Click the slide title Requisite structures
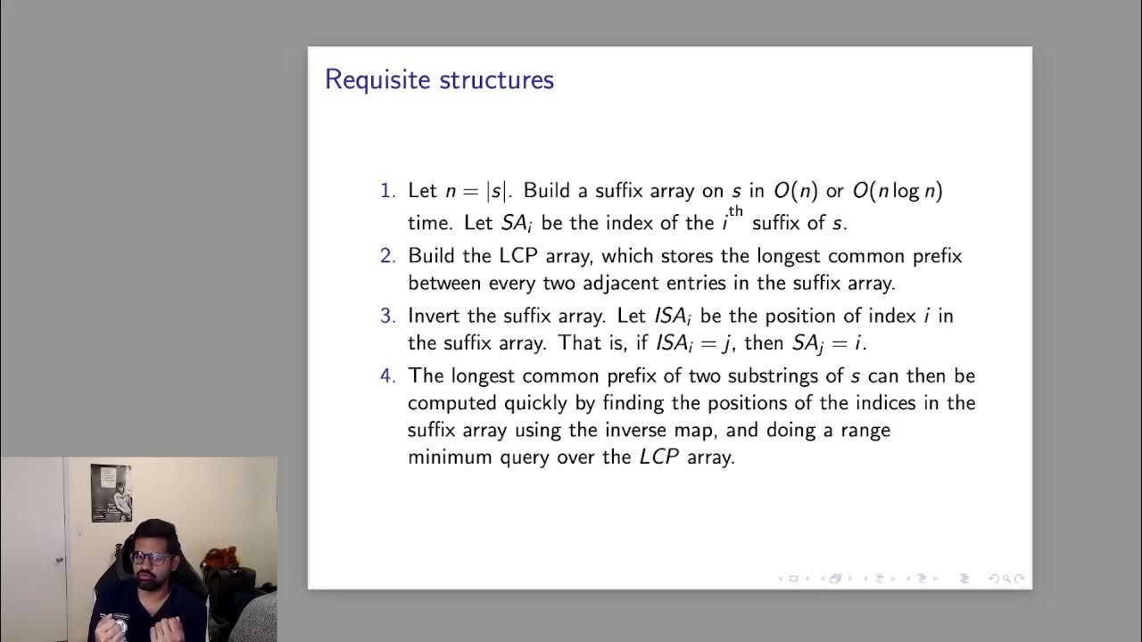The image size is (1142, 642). pyautogui.click(x=439, y=79)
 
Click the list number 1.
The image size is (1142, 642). pyautogui.click(x=386, y=191)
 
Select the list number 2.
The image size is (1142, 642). pyautogui.click(x=386, y=256)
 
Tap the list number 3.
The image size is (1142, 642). pyautogui.click(x=386, y=316)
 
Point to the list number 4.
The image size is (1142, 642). pyautogui.click(x=386, y=375)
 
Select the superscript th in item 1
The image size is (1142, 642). pyautogui.click(x=735, y=212)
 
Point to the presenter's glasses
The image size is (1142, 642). pyautogui.click(x=153, y=558)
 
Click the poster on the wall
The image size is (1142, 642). pyautogui.click(x=111, y=493)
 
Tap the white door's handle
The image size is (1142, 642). pyautogui.click(x=60, y=560)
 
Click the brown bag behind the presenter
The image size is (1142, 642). pyautogui.click(x=219, y=563)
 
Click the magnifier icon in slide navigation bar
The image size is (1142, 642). pyautogui.click(x=1006, y=579)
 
